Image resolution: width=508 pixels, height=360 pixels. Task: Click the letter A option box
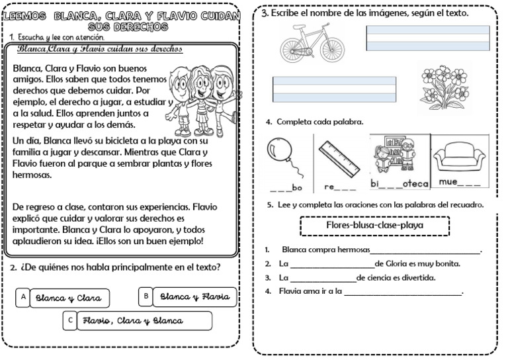(x=23, y=298)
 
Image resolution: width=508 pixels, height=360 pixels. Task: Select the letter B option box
(x=146, y=296)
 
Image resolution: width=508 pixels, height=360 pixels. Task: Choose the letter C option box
(x=70, y=321)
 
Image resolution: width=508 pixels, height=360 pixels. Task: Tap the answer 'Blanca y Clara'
(x=69, y=298)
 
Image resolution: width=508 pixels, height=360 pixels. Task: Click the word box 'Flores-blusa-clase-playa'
(x=375, y=226)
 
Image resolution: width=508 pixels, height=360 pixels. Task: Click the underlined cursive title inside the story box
(x=100, y=50)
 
